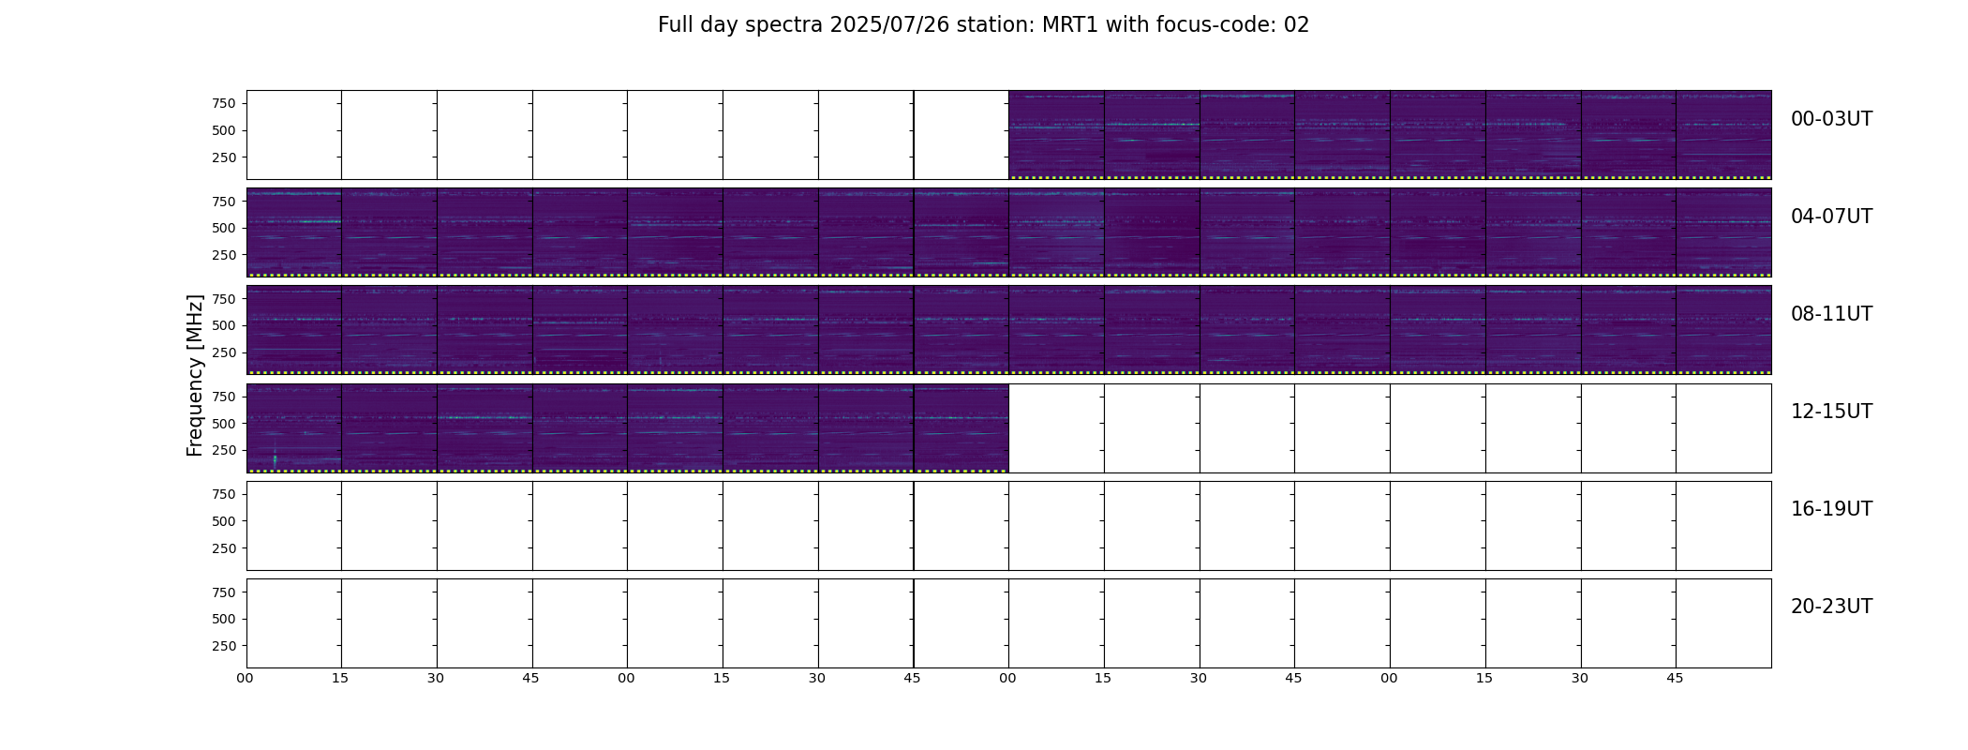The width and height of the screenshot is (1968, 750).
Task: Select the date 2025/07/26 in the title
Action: (x=889, y=25)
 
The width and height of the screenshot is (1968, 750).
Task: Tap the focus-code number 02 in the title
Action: (x=1296, y=25)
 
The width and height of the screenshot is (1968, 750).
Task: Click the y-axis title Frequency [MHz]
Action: (x=195, y=375)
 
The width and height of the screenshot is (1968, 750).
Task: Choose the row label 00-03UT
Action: (x=1831, y=119)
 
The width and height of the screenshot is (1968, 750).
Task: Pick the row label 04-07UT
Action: (x=1831, y=217)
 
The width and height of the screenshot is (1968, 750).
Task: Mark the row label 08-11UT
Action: (x=1831, y=314)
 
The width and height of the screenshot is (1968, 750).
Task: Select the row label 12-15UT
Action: (x=1831, y=412)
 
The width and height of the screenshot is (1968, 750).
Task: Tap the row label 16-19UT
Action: (x=1831, y=509)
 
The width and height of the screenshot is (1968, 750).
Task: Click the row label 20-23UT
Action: (x=1831, y=607)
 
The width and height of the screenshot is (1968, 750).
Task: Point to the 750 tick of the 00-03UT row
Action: (x=224, y=103)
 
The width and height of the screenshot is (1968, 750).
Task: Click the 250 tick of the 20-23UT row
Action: (x=224, y=646)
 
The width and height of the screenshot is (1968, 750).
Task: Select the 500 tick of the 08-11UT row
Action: (x=224, y=325)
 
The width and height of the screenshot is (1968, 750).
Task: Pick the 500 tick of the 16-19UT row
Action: (x=224, y=521)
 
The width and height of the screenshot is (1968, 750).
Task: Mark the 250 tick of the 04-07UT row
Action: (x=224, y=255)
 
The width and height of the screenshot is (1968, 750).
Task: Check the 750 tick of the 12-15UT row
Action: (x=224, y=397)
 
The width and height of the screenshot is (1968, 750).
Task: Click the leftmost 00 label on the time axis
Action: (x=246, y=678)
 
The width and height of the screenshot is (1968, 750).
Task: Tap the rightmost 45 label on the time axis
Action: (x=1675, y=678)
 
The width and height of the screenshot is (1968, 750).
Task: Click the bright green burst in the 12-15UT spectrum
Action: (x=275, y=458)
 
